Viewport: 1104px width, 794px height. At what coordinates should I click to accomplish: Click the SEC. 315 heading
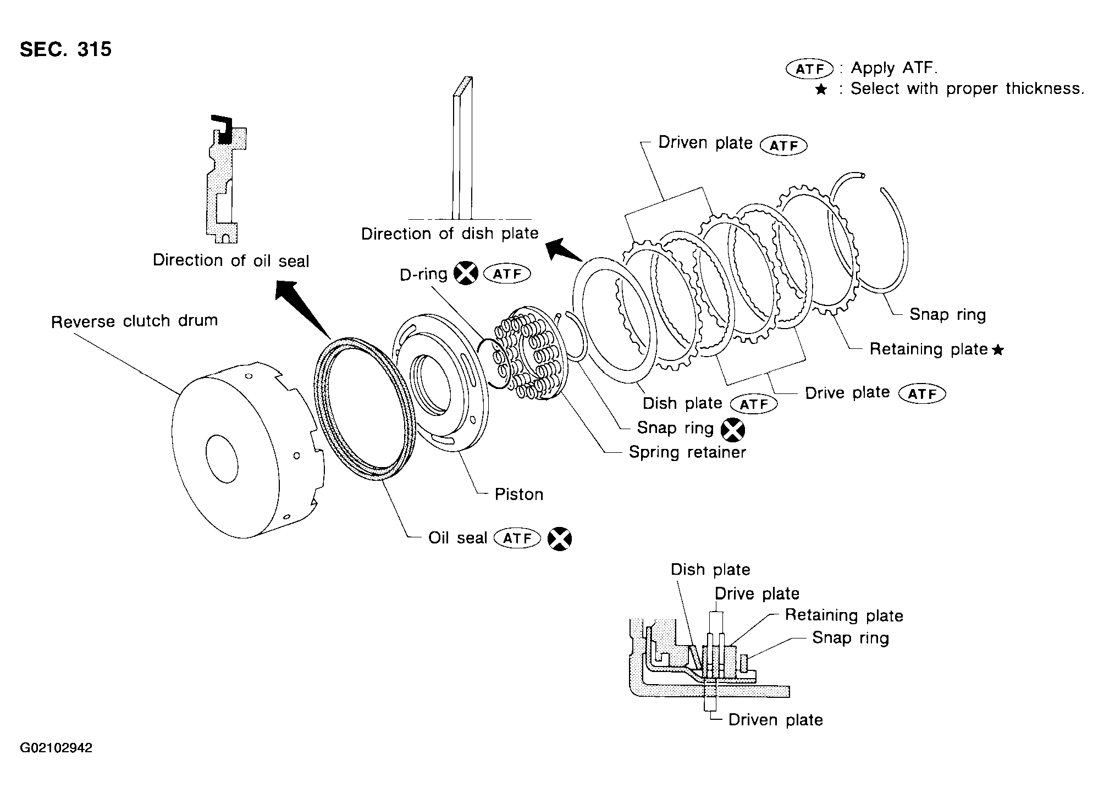pos(65,49)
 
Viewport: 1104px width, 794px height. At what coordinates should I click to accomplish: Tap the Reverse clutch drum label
pos(134,321)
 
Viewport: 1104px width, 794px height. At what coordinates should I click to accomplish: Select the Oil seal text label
pos(457,537)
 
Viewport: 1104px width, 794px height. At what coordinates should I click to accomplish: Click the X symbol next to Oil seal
pos(560,539)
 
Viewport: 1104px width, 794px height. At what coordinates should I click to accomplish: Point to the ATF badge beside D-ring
pos(506,274)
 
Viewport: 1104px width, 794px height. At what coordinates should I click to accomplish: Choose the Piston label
pos(519,495)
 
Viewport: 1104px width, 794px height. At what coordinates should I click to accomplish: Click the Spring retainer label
pos(687,452)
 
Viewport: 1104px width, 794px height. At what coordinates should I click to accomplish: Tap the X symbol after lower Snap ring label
pos(733,430)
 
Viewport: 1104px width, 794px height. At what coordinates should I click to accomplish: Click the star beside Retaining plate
pos(998,350)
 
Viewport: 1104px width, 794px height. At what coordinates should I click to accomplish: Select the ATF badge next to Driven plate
pos(783,146)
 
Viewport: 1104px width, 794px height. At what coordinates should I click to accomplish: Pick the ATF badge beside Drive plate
pos(921,394)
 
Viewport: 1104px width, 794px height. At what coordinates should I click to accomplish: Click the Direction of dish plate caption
pos(450,234)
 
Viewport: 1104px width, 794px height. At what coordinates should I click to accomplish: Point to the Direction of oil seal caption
pos(231,260)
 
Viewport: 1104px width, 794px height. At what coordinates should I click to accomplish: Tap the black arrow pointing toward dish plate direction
pos(564,250)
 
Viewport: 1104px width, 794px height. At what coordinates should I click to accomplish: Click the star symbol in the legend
pos(821,90)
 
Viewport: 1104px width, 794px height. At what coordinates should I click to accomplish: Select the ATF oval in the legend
pos(810,69)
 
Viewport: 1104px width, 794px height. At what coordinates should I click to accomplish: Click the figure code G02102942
pos(56,748)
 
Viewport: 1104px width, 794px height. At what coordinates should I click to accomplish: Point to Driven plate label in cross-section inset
pos(775,720)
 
